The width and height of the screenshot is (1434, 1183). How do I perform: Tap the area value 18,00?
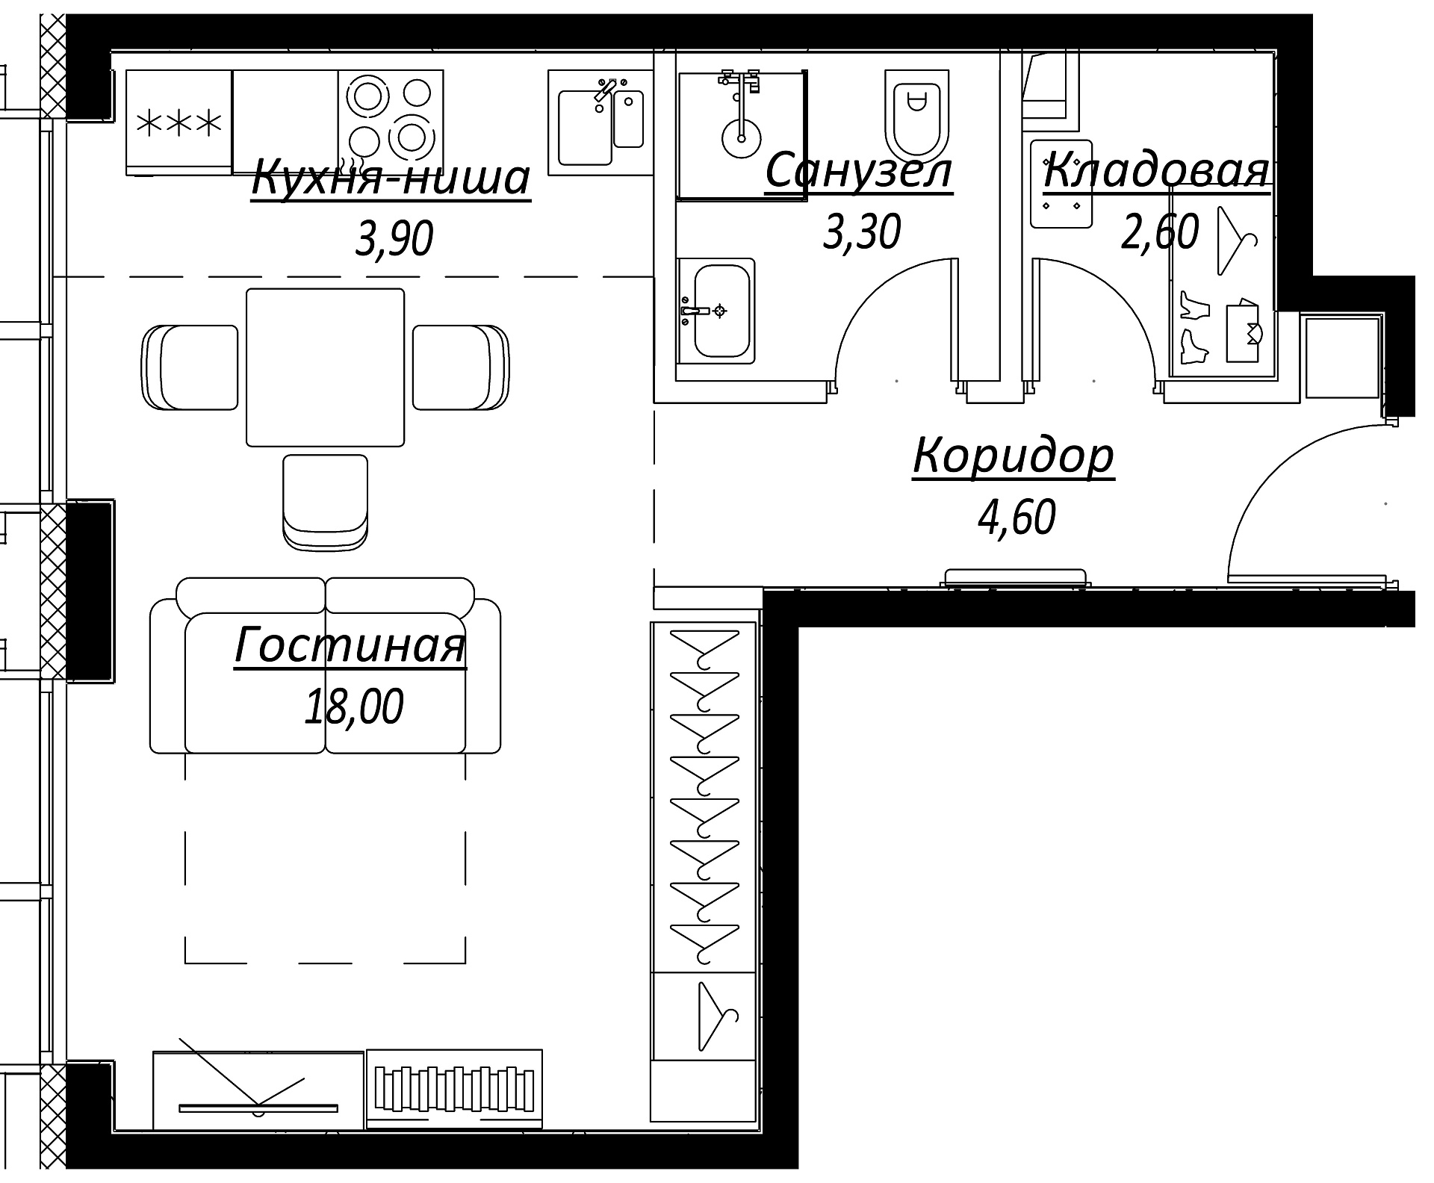click(354, 707)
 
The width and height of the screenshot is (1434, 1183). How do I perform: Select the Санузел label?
click(859, 171)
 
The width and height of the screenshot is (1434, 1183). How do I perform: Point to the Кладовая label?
click(1156, 170)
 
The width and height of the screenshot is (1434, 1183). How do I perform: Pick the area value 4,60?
click(1016, 518)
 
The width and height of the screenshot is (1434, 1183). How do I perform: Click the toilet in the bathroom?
click(916, 112)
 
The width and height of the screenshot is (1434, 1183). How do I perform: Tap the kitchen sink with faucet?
click(600, 123)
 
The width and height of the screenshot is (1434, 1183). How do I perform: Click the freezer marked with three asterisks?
click(179, 123)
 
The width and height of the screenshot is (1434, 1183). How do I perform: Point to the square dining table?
click(325, 367)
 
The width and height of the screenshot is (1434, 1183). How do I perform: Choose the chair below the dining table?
click(326, 503)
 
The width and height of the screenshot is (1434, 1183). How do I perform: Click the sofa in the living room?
click(326, 665)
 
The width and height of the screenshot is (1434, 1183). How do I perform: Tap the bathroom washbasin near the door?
click(716, 311)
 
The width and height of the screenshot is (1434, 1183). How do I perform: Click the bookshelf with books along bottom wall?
click(454, 1090)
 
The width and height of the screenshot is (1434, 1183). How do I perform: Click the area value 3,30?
click(861, 232)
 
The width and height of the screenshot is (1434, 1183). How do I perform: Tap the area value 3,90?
click(394, 240)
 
